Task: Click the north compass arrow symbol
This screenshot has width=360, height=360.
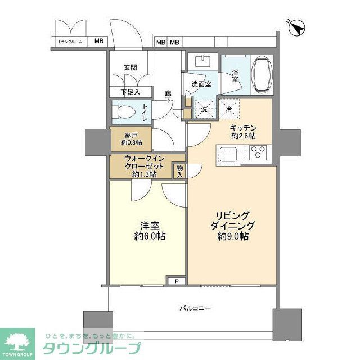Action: tap(296, 26)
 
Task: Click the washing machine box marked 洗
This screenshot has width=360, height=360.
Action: tap(205, 107)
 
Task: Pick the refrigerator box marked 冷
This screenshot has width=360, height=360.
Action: tap(229, 107)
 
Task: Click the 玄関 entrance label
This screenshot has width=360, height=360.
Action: tap(130, 67)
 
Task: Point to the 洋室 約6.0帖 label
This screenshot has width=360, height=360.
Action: tap(150, 231)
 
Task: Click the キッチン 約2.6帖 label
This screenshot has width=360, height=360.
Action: tap(243, 132)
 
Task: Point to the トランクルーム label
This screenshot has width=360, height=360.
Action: tap(70, 41)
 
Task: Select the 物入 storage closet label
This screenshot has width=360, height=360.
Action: tap(179, 170)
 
